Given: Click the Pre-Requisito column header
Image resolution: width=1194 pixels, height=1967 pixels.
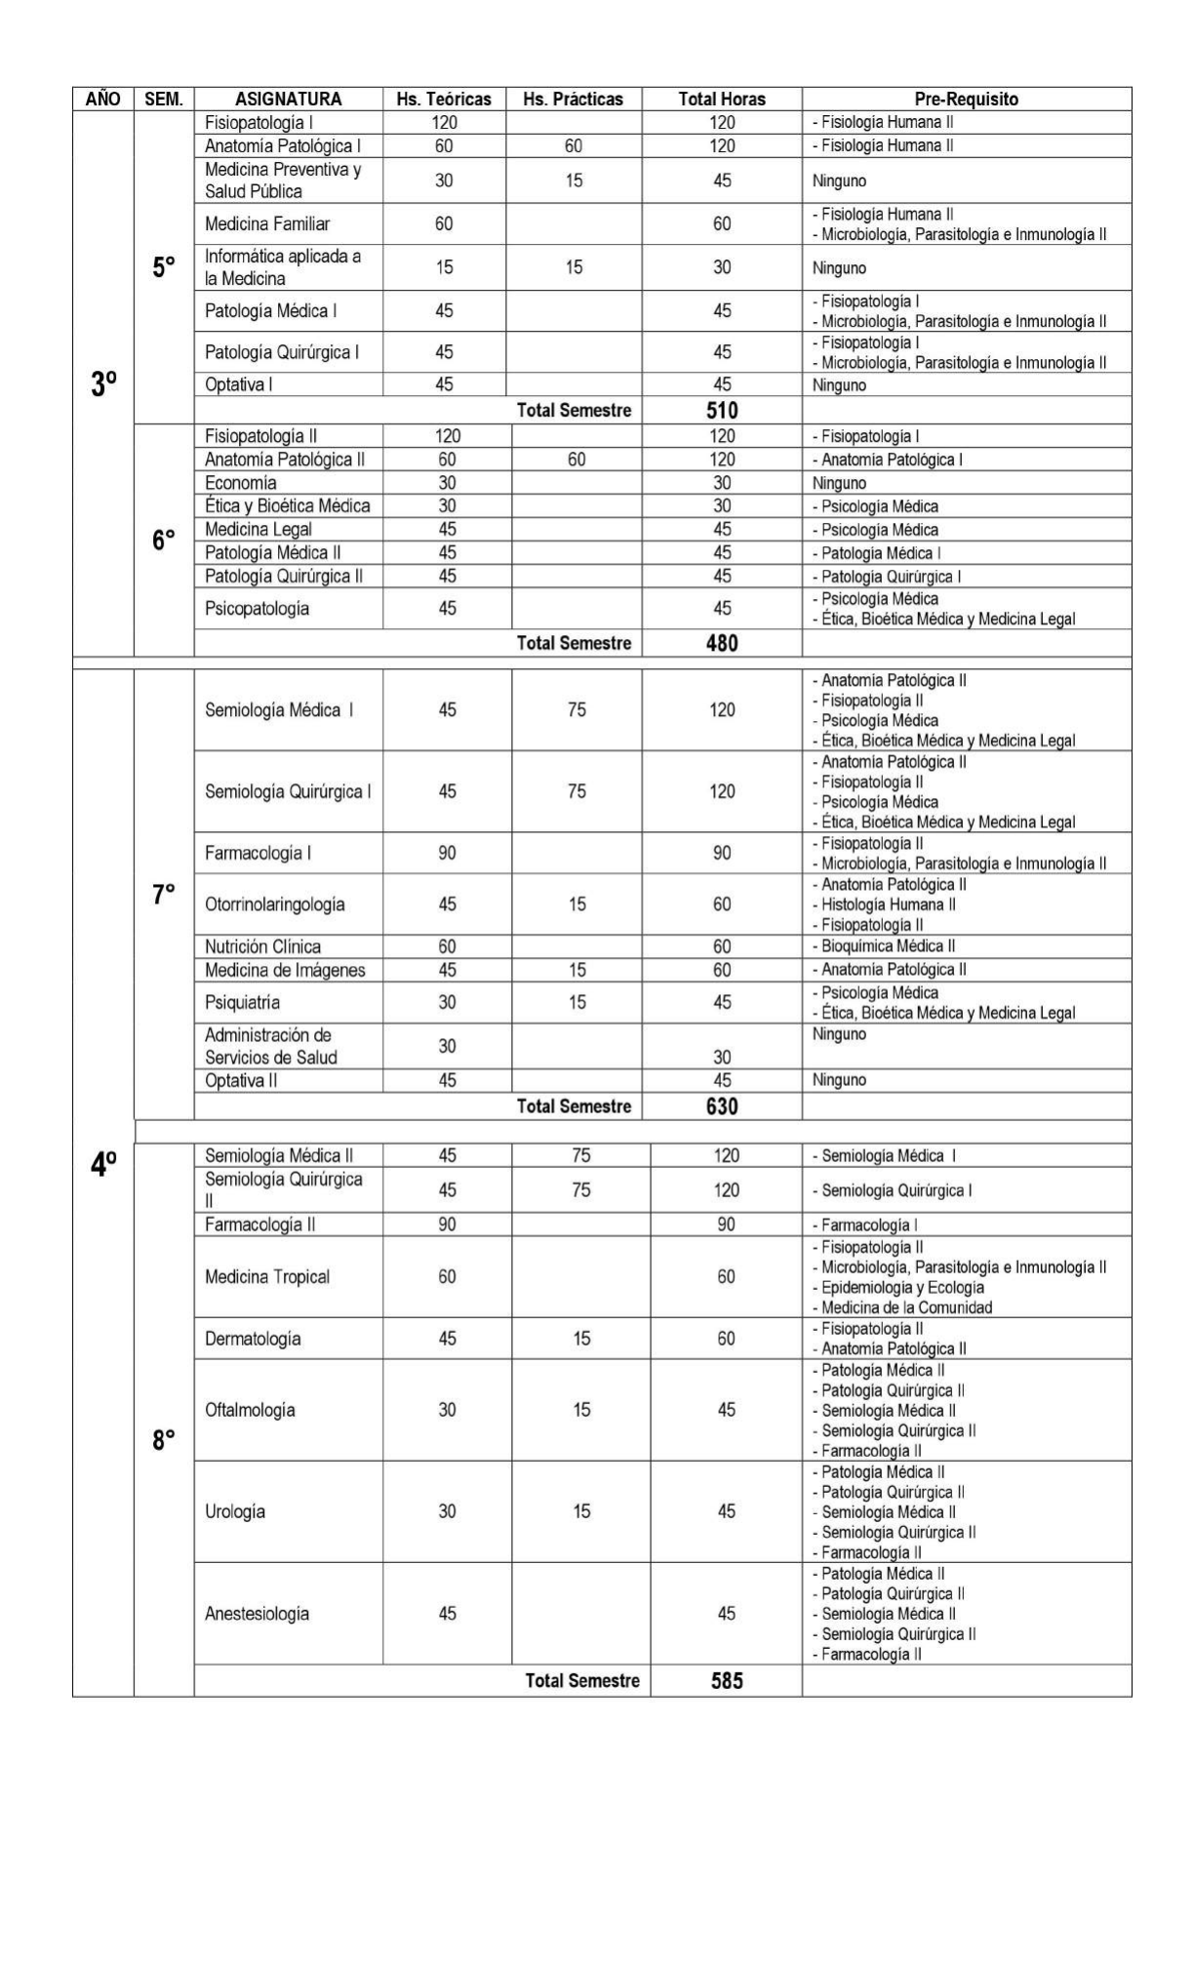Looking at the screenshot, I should (x=966, y=99).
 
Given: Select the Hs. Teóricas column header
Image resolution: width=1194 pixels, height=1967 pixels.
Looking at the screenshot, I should (x=444, y=99).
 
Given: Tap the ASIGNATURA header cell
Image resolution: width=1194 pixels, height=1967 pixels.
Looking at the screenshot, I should (x=288, y=99).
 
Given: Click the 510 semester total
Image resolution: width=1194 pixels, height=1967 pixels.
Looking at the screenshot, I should (x=722, y=411).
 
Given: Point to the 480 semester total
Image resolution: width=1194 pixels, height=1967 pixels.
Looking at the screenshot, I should (x=722, y=643).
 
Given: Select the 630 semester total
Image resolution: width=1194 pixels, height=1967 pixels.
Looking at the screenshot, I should (x=722, y=1106).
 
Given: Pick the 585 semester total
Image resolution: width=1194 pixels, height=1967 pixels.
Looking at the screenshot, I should (x=727, y=1680).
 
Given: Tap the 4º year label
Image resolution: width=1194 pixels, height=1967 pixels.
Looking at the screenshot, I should (x=103, y=1164).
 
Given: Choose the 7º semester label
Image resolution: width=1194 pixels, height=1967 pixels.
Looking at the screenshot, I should (x=164, y=894).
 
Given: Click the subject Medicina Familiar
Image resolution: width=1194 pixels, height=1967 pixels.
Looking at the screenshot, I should (x=267, y=224).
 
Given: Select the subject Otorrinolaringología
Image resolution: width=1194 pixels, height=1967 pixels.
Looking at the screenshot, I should (x=274, y=904).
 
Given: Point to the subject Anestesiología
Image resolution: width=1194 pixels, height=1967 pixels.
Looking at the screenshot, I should (x=257, y=1614).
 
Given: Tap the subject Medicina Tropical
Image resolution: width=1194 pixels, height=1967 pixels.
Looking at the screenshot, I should (x=267, y=1277).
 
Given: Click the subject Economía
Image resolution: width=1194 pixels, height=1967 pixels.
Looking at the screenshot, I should (x=240, y=483).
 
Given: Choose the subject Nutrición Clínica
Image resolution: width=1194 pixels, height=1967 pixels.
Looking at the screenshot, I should (x=262, y=946).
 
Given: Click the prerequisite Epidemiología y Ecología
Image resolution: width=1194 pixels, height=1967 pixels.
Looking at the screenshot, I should (x=901, y=1288).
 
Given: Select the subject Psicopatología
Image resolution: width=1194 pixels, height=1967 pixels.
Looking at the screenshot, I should (x=257, y=609).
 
